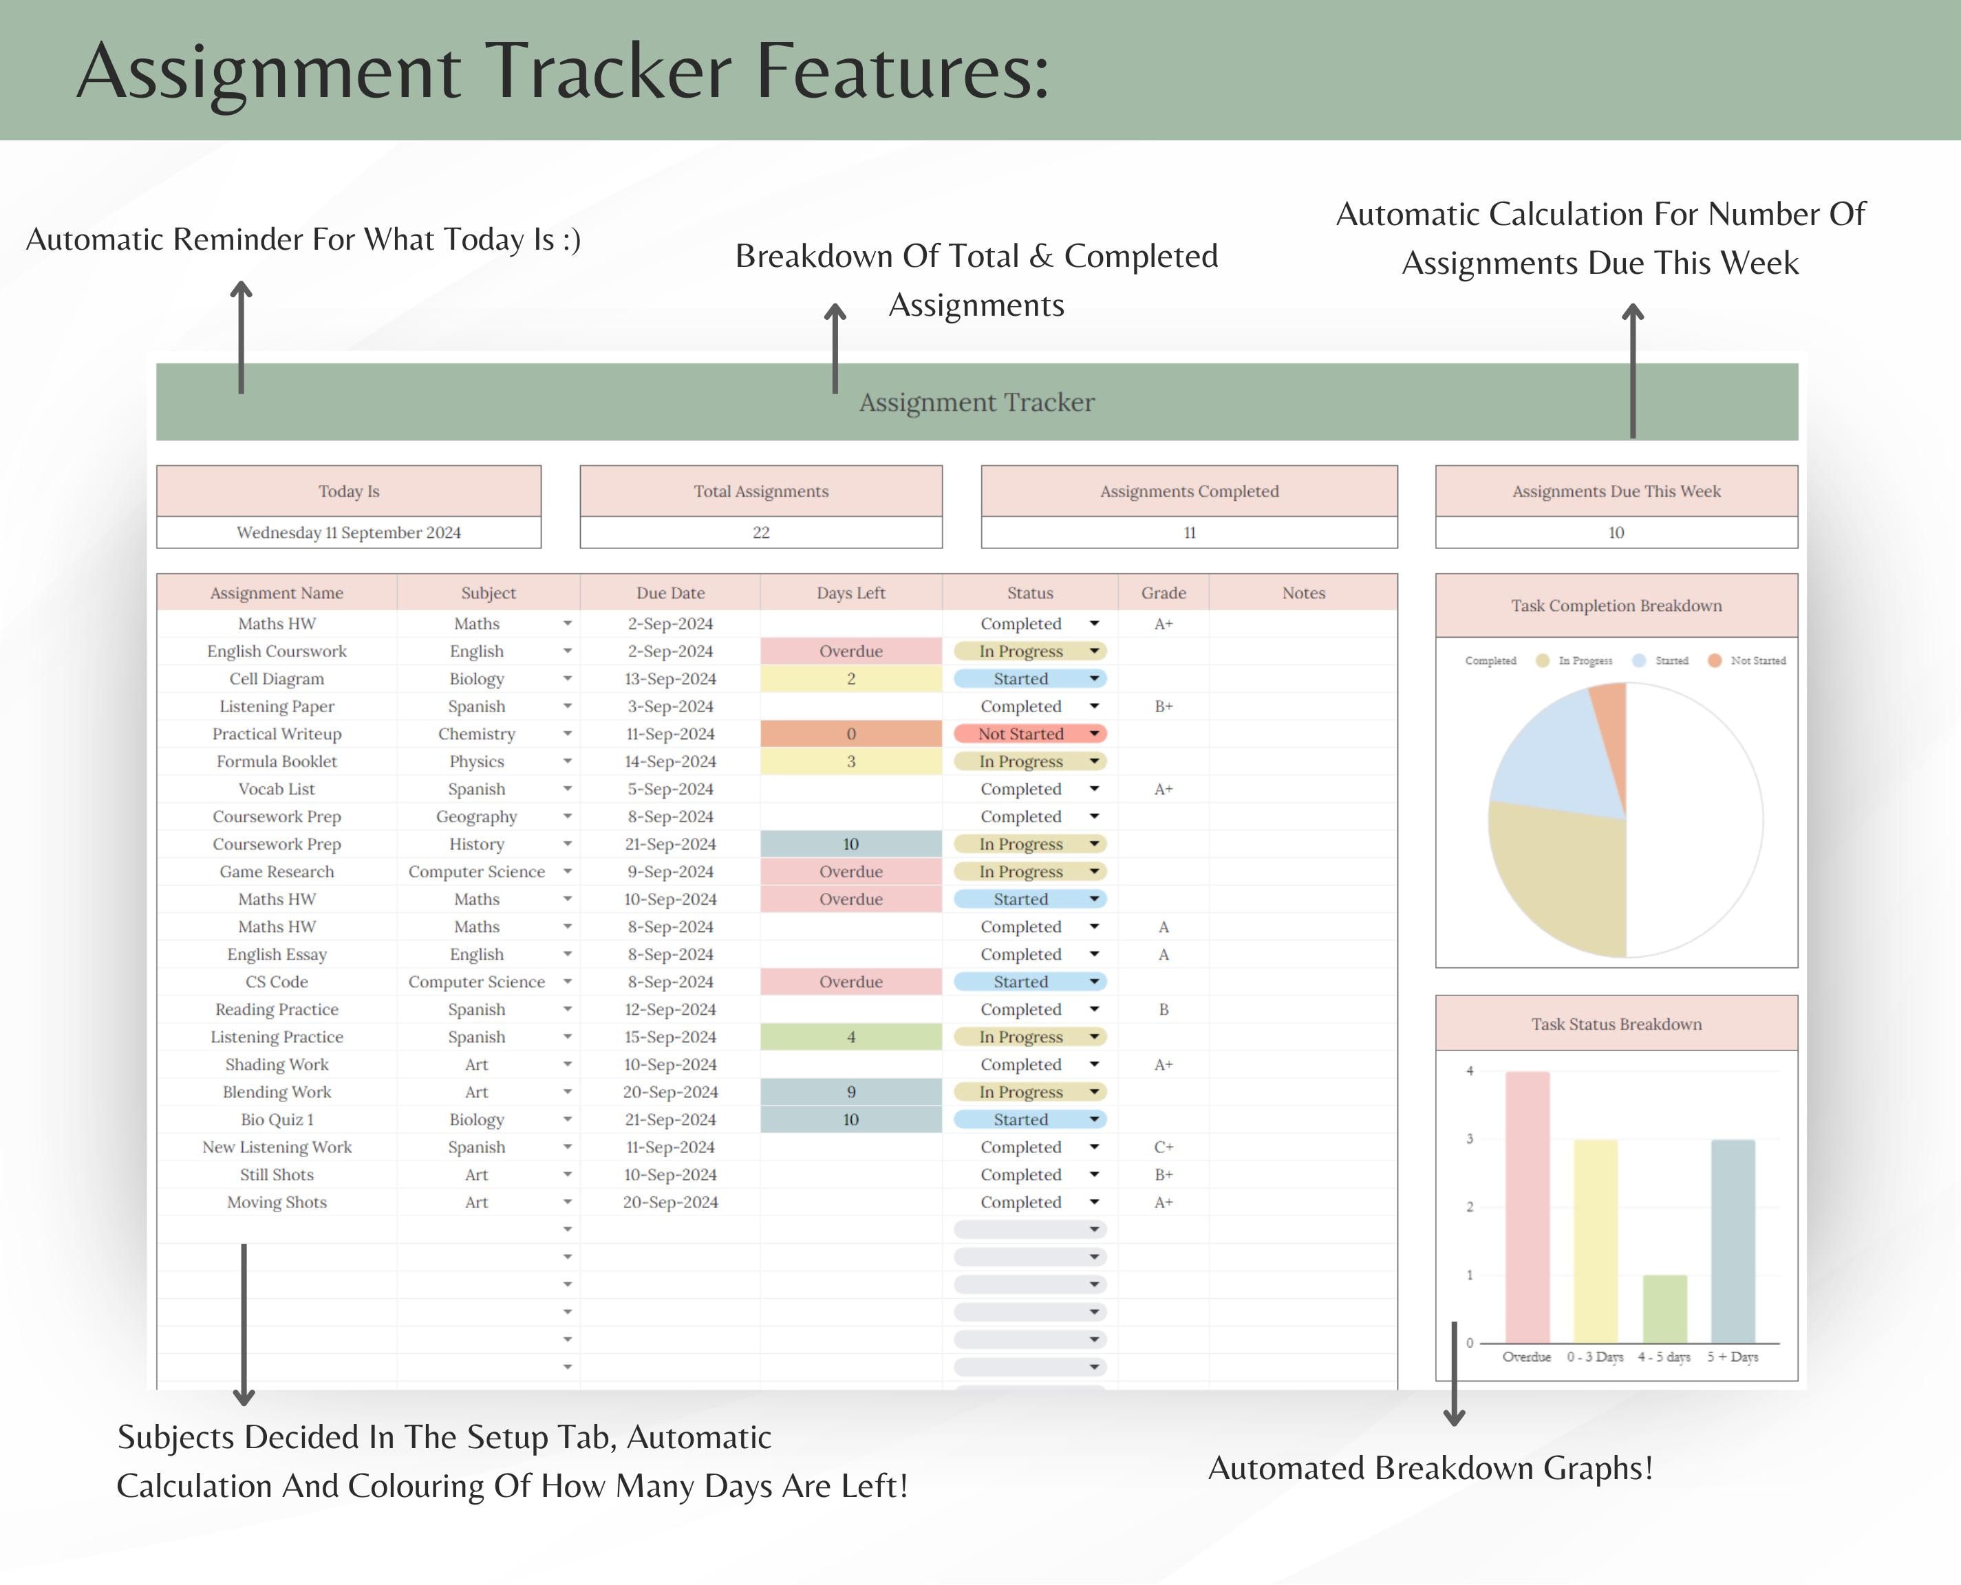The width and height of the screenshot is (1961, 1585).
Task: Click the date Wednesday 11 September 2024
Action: click(349, 532)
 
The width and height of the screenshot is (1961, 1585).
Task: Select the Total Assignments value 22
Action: click(760, 532)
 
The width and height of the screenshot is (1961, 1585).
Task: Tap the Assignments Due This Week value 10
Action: click(1616, 532)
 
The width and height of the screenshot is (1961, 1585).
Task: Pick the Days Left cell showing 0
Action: click(851, 734)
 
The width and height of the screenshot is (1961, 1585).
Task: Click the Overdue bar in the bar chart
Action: click(1528, 1205)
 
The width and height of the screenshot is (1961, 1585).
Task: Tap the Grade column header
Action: click(1163, 592)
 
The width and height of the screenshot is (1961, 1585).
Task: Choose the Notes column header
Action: click(1303, 592)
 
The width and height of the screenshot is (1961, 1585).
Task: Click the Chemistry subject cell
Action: click(477, 734)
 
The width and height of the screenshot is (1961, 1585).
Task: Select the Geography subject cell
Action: click(477, 817)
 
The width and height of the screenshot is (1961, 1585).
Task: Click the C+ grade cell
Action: click(1163, 1147)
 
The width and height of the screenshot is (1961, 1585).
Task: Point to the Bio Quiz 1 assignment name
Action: click(277, 1119)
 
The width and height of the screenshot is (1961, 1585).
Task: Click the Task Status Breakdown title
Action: click(1616, 1024)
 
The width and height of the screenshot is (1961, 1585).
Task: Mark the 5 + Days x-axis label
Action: click(1732, 1357)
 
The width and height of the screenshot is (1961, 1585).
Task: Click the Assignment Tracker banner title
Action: click(976, 402)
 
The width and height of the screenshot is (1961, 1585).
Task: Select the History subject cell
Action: click(477, 843)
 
